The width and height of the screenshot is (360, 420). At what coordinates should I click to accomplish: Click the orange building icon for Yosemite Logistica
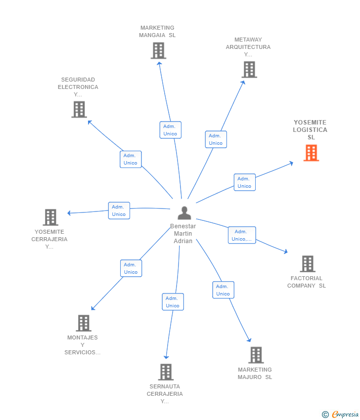pos(311,153)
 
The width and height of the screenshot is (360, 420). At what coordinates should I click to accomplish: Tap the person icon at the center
pos(184,213)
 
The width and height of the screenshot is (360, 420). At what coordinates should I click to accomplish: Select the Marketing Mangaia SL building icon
pos(158,51)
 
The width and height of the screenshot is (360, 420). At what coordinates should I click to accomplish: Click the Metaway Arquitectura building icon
pos(249,70)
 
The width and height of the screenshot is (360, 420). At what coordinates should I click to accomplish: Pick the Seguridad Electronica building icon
pos(79,110)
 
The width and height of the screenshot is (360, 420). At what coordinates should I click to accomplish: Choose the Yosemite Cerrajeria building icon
pos(50,217)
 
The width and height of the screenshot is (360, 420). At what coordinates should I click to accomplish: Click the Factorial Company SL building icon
pos(308,264)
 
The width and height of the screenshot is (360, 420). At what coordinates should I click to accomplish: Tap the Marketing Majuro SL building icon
pos(256,355)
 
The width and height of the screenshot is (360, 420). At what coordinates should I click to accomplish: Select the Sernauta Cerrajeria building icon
pos(166,372)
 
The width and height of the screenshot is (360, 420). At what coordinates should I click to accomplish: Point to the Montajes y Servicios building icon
pos(84,323)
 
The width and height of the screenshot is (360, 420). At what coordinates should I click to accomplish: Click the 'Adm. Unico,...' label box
pos(242,235)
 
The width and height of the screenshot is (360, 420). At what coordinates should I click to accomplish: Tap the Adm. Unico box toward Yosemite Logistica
pos(244,182)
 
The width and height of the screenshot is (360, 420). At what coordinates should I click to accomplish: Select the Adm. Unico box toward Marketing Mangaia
pos(170,130)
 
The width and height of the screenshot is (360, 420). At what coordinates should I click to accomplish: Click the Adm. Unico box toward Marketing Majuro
pos(223,290)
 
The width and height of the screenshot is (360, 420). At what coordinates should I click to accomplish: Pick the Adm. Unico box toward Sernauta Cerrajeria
pos(173,302)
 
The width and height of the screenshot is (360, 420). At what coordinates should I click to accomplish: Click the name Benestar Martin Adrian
pos(183,234)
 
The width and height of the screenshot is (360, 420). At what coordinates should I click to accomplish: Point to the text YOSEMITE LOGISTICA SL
pos(310,129)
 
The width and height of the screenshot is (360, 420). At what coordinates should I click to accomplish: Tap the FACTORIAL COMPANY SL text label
pos(307,282)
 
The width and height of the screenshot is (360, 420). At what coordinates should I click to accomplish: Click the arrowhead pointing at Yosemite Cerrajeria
pos(69,213)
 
